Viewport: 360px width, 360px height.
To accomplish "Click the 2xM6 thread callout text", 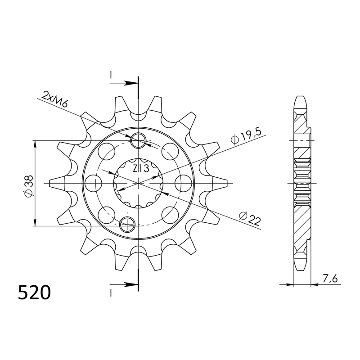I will [55, 100].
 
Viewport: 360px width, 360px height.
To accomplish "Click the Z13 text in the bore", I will [141, 169].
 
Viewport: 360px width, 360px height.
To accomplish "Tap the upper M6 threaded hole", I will [138, 141].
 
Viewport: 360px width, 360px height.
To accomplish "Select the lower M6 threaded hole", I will [128, 222].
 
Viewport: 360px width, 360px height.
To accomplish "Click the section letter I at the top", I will [110, 75].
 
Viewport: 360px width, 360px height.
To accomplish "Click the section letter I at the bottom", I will [110, 293].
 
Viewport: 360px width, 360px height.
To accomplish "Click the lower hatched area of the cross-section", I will [301, 225].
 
